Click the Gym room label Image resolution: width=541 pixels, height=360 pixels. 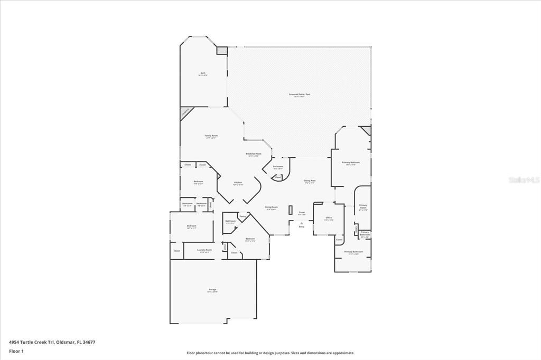[203, 73]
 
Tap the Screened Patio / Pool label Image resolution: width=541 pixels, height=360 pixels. [299, 94]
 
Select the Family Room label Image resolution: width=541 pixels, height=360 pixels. [211, 136]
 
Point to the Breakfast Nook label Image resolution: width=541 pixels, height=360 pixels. [254, 154]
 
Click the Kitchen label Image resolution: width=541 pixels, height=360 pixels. [238, 183]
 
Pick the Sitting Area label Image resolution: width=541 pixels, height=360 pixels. [310, 181]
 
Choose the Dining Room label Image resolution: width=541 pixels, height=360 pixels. [270, 207]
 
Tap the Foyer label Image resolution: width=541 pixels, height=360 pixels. [302, 213]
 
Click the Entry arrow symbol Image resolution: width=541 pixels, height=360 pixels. [302, 223]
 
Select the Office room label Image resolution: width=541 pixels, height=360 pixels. [328, 217]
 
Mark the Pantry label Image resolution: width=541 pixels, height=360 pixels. [243, 216]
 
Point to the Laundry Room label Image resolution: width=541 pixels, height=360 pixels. [204, 250]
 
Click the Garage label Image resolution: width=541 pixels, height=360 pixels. [212, 289]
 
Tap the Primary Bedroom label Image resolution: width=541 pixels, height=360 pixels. [350, 163]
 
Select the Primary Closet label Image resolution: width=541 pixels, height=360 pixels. [363, 206]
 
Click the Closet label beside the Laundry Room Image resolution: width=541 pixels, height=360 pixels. [176, 251]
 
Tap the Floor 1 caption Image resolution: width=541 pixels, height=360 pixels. [16, 350]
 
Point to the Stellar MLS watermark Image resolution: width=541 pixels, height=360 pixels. [524, 179]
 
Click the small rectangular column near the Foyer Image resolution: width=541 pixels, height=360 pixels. [291, 210]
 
